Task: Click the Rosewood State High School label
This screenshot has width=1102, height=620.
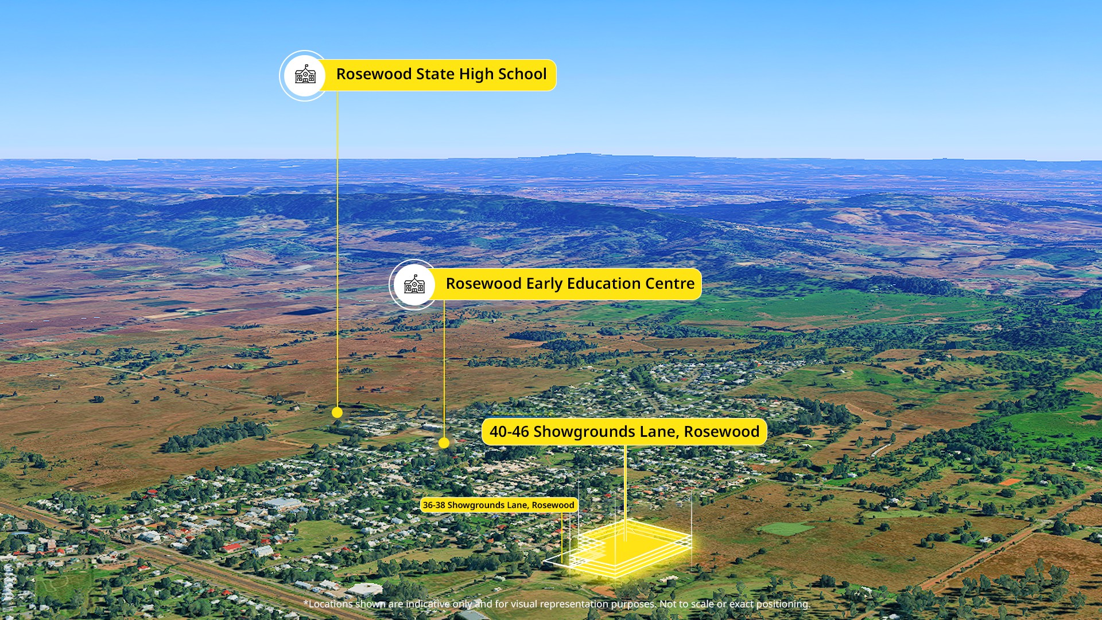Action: tap(441, 75)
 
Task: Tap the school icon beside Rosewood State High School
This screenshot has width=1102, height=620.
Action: tap(305, 75)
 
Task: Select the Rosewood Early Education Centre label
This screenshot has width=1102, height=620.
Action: tap(570, 284)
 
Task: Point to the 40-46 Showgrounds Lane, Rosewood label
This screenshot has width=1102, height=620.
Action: tap(624, 432)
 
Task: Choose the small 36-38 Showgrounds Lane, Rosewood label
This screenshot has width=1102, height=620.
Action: tap(498, 505)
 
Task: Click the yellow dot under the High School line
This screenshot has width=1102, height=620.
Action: tap(337, 412)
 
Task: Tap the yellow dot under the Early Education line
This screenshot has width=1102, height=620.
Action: tap(444, 443)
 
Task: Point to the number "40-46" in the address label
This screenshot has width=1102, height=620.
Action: tap(509, 432)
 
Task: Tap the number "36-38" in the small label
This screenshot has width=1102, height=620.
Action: tap(433, 505)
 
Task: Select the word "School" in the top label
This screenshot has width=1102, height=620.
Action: tap(522, 74)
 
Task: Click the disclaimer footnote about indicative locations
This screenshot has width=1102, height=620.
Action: tap(557, 604)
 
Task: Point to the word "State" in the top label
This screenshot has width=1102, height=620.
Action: tap(435, 74)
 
